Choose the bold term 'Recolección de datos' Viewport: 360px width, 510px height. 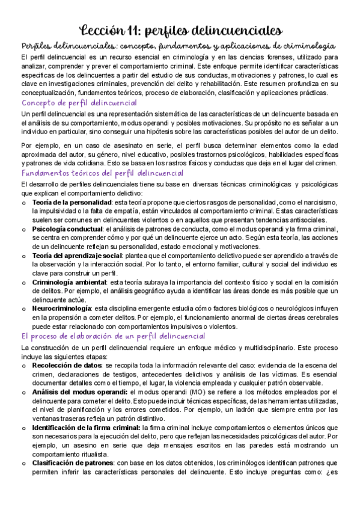click(x=67, y=365)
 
